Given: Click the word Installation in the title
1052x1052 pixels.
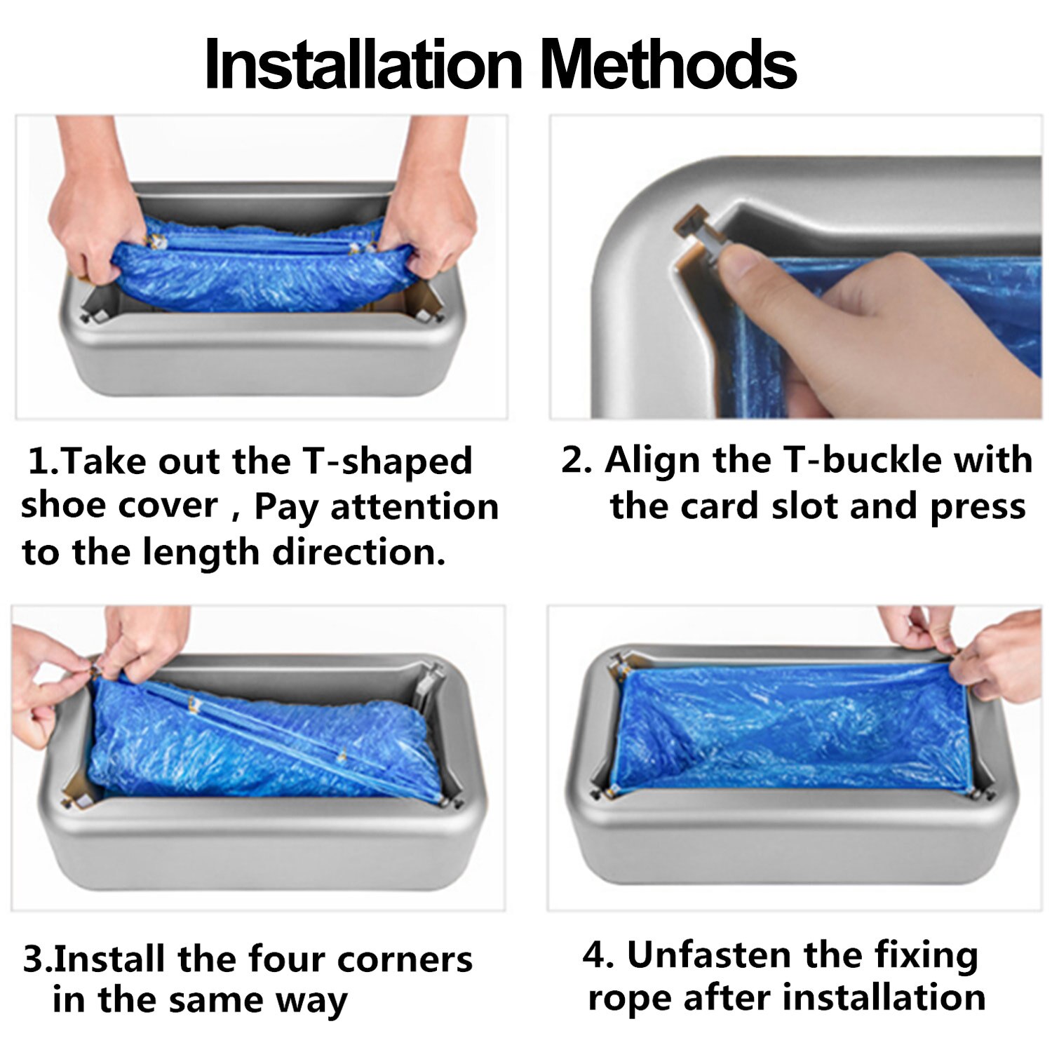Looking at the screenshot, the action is click(x=364, y=65).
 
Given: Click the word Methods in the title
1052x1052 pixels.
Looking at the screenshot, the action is click(x=668, y=65).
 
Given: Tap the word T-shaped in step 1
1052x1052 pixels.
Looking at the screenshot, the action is click(x=388, y=462).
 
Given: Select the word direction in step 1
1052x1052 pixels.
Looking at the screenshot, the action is click(x=359, y=552).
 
